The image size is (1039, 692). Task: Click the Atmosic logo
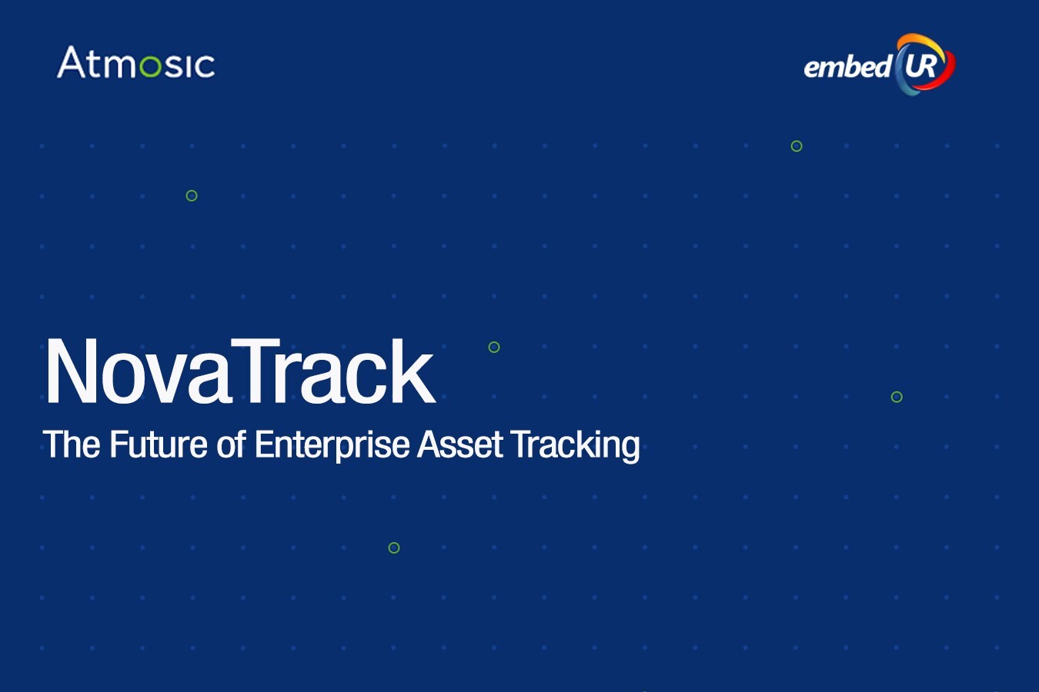pyautogui.click(x=136, y=62)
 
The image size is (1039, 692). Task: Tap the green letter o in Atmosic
pyautogui.click(x=150, y=66)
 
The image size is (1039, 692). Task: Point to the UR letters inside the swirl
pyautogui.click(x=920, y=66)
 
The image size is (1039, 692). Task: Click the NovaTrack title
pyautogui.click(x=240, y=371)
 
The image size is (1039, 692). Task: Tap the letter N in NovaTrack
pyautogui.click(x=72, y=371)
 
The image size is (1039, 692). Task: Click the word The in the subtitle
pyautogui.click(x=72, y=444)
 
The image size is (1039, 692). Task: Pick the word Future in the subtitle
pyautogui.click(x=159, y=444)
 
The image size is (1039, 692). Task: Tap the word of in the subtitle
pyautogui.click(x=231, y=444)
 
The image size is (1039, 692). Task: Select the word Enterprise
pyautogui.click(x=332, y=446)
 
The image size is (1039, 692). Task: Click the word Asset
pyautogui.click(x=460, y=444)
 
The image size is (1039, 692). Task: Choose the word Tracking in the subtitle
pyautogui.click(x=575, y=446)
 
